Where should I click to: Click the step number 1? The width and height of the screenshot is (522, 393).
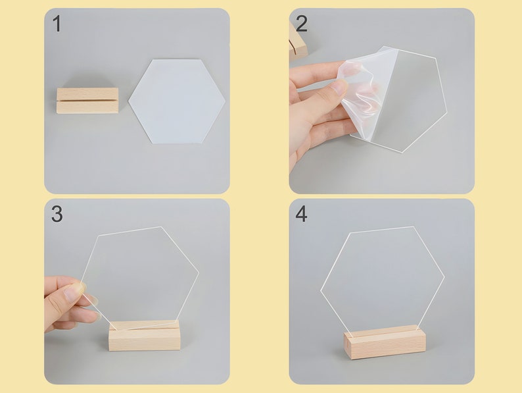click(x=57, y=24)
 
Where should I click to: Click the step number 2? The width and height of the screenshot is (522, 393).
click(x=302, y=24)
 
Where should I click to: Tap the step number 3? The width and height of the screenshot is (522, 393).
click(x=57, y=214)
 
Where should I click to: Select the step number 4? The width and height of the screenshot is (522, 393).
click(x=301, y=214)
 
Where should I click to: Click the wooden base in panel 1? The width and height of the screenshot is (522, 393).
click(x=87, y=101)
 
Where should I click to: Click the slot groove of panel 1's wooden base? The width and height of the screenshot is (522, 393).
click(x=87, y=99)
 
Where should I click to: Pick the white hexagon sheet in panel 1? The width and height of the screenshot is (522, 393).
click(x=177, y=101)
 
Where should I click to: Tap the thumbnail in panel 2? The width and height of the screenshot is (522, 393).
click(x=341, y=86)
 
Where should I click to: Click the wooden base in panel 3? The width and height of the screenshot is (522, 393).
click(x=145, y=336)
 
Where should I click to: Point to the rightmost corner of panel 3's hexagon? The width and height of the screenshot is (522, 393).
click(x=199, y=273)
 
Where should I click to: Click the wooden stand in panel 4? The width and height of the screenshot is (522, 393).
click(x=385, y=342)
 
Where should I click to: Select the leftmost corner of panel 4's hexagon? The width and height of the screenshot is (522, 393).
click(x=321, y=291)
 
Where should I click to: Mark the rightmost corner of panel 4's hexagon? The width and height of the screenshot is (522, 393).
click(x=444, y=277)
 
